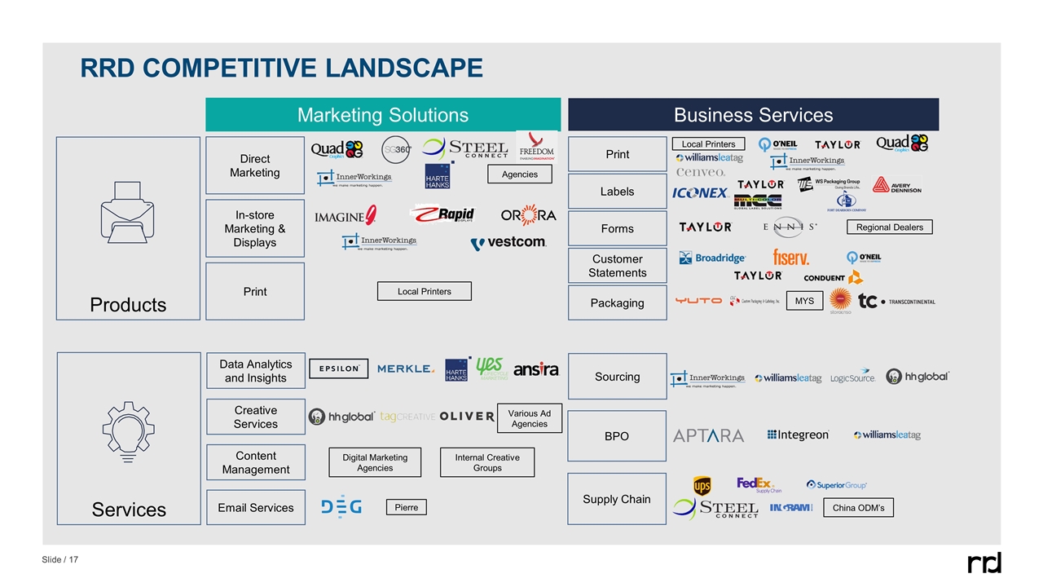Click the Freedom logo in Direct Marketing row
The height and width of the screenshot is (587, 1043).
536,148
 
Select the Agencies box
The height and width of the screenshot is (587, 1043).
519,174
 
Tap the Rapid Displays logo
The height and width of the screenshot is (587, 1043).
442,214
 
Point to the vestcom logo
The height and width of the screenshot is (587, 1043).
508,242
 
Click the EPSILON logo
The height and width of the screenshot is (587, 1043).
339,369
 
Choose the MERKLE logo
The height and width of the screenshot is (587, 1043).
406,369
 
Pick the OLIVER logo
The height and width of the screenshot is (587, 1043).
467,416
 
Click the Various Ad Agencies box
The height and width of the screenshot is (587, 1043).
529,418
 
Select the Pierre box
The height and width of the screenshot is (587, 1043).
406,507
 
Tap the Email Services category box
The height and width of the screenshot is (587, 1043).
256,507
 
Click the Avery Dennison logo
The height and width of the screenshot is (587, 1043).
897,185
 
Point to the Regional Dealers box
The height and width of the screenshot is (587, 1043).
889,227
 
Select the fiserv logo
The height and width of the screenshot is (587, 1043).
790,258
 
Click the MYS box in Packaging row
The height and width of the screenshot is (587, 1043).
804,301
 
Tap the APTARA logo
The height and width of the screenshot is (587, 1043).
708,436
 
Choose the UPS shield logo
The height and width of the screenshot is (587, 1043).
702,486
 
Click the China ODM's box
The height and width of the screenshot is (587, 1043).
859,508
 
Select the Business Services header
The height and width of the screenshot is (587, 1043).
753,115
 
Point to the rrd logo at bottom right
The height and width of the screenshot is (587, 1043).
984,563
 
